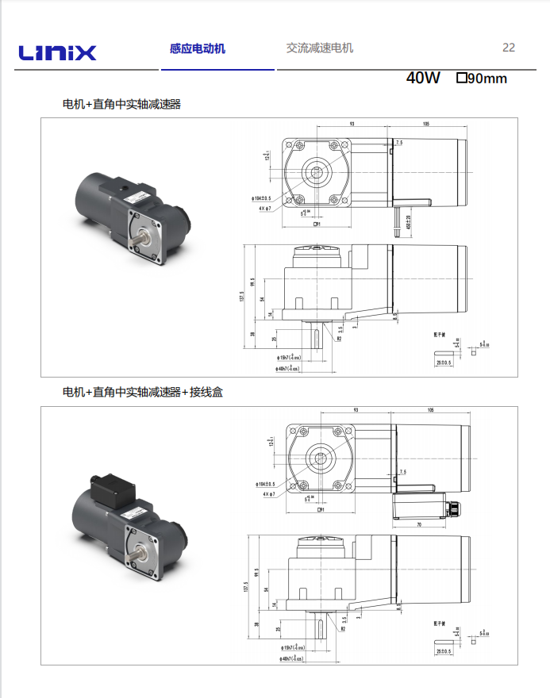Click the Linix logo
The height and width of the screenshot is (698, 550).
click(x=58, y=53)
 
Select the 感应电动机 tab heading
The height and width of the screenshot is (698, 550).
click(x=197, y=48)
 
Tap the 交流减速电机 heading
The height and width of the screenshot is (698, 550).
click(x=319, y=48)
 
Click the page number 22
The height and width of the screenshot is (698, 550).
click(x=509, y=48)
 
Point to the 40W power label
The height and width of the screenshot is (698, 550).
click(x=422, y=78)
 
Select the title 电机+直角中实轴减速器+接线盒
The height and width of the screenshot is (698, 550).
click(x=143, y=392)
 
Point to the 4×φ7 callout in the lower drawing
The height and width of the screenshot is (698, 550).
click(x=266, y=493)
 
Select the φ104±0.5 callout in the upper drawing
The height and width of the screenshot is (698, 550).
click(x=262, y=198)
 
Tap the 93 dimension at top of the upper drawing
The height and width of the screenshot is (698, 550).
click(x=352, y=124)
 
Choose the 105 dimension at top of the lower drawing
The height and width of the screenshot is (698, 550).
click(x=429, y=411)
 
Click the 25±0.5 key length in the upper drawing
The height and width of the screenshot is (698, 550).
click(x=443, y=362)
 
